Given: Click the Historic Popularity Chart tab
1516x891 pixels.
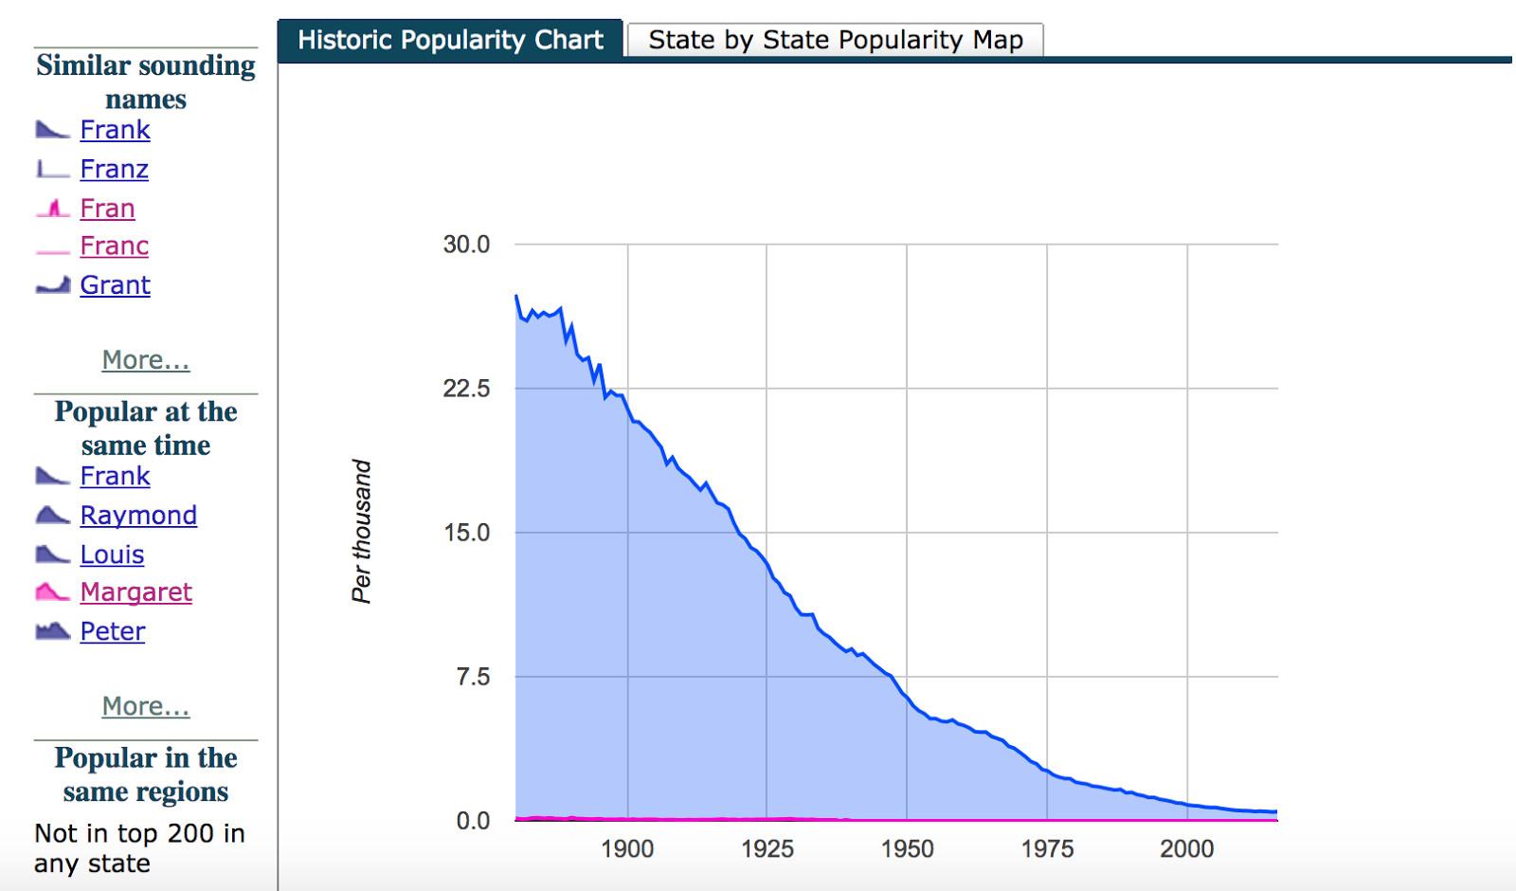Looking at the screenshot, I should point(450,40).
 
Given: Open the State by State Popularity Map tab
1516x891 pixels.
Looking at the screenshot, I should point(835,40).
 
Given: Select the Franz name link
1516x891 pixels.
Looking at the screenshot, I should point(114,169).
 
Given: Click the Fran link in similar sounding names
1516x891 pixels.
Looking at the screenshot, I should point(107,208).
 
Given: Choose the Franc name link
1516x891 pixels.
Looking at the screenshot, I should point(114,245).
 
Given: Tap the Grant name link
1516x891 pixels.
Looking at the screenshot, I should point(115,284).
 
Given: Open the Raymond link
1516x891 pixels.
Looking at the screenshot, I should point(138,515).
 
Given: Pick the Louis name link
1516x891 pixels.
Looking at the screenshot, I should point(112,555).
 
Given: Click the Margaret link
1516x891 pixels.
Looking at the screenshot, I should point(135,592).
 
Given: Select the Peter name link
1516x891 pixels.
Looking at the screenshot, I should point(112,631).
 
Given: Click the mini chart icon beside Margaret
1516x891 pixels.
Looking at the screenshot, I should point(52,592).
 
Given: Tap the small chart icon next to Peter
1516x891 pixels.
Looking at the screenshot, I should point(52,630).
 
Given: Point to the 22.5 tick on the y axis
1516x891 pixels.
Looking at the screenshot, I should point(466,389).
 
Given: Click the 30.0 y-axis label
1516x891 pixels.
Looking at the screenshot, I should point(466,245).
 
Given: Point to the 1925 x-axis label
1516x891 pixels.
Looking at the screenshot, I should point(767,848).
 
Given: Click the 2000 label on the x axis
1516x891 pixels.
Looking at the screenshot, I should point(1186,848).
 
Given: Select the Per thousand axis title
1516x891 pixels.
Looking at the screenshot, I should point(362,531).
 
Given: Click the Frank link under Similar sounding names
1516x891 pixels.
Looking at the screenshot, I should point(115,130).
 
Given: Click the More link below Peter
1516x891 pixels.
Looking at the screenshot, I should point(146,706).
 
